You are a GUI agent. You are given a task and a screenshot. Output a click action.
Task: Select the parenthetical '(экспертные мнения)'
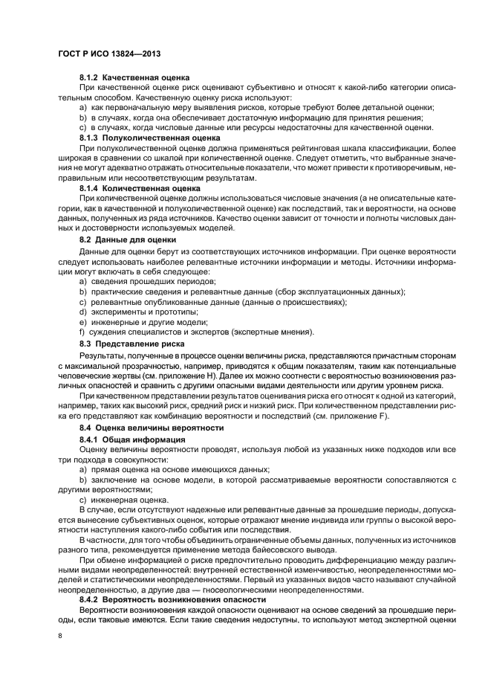coord(273,332)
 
